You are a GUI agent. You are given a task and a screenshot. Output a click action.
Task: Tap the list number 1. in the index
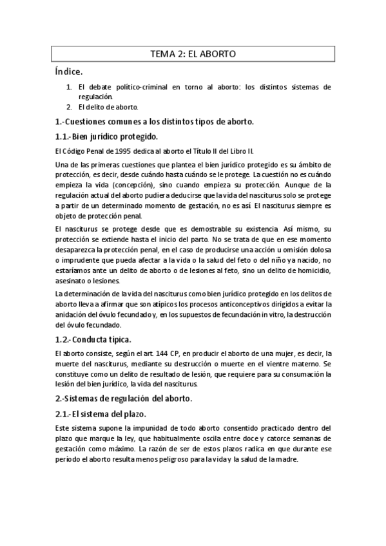click(69, 86)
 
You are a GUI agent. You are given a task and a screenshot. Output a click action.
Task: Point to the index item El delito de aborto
click(108, 106)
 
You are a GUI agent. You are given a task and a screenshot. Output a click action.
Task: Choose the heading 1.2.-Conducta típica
click(93, 339)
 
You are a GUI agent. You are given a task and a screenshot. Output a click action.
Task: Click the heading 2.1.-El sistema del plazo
click(100, 414)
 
